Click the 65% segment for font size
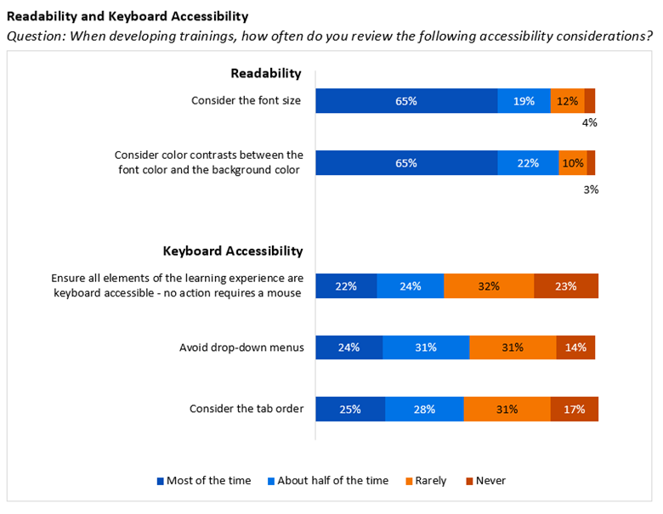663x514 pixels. [406, 101]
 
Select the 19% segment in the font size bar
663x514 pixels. [524, 101]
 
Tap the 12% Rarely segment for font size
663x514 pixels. [567, 101]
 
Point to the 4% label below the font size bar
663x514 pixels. [589, 122]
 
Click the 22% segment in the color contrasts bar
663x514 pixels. [528, 163]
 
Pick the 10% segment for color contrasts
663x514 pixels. [572, 163]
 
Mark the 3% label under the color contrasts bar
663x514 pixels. [591, 189]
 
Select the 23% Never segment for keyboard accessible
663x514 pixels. [566, 286]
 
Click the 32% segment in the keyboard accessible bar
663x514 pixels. [488, 286]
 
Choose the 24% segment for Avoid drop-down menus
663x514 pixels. [348, 347]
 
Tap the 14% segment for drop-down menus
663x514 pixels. [575, 347]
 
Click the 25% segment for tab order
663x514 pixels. [350, 409]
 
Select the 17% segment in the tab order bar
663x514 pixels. [574, 409]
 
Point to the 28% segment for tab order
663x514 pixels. [424, 409]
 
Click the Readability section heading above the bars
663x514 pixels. [266, 74]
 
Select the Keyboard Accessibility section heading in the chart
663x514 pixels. [233, 251]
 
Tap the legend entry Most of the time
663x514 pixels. [204, 481]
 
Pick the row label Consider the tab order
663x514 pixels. [246, 409]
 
